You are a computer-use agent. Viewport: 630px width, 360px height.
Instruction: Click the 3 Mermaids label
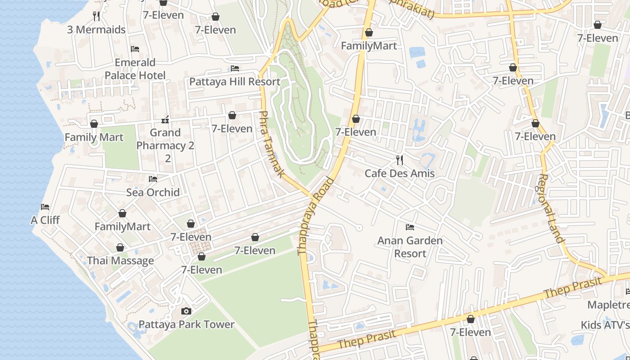pyautogui.click(x=96, y=30)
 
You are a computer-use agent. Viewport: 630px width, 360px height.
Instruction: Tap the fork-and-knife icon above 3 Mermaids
pyautogui.click(x=96, y=16)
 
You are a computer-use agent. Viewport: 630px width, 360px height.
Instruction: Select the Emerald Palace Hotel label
pyautogui.click(x=135, y=69)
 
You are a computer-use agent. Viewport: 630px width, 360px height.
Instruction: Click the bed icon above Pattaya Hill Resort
pyautogui.click(x=234, y=68)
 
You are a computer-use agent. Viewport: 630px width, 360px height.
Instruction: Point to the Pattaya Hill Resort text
pyautogui.click(x=234, y=82)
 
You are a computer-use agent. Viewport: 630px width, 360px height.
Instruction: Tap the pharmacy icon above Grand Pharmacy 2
pyautogui.click(x=165, y=120)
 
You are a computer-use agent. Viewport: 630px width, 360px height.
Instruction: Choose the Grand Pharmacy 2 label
pyautogui.click(x=165, y=145)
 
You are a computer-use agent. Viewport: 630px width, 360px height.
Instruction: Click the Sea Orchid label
pyautogui.click(x=153, y=193)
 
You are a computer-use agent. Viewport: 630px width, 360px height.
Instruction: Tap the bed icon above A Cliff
pyautogui.click(x=45, y=207)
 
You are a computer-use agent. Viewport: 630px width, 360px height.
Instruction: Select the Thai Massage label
pyautogui.click(x=120, y=261)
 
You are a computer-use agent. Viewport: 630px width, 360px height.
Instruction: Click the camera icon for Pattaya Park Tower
pyautogui.click(x=186, y=311)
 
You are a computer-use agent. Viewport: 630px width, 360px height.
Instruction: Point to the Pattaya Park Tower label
pyautogui.click(x=186, y=324)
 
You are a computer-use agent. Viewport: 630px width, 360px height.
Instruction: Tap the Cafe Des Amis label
pyautogui.click(x=399, y=174)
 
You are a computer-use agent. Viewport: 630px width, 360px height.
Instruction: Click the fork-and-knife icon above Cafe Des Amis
pyautogui.click(x=399, y=160)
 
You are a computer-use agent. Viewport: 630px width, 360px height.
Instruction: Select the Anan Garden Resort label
pyautogui.click(x=409, y=247)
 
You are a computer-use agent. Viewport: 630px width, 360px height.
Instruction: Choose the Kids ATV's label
pyautogui.click(x=605, y=325)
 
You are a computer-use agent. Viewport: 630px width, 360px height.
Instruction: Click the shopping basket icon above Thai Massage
pyautogui.click(x=120, y=247)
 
